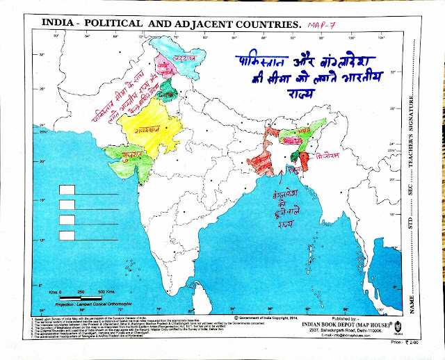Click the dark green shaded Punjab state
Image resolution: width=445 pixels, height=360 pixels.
(164, 88)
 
